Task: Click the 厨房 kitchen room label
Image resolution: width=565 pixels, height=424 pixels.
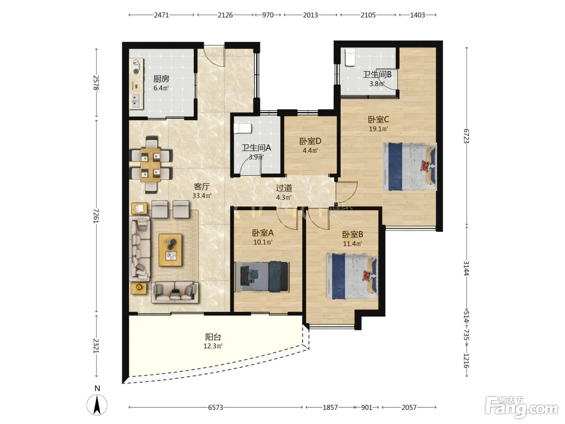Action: pyautogui.click(x=161, y=78)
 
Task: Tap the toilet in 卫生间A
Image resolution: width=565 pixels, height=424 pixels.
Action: pyautogui.click(x=243, y=128)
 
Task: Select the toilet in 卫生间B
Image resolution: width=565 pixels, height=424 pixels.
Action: pyautogui.click(x=350, y=57)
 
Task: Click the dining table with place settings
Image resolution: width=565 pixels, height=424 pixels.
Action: pyautogui.click(x=151, y=165)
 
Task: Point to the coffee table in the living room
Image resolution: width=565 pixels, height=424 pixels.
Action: pyautogui.click(x=170, y=250)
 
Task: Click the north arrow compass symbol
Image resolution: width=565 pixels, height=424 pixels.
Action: pyautogui.click(x=97, y=405)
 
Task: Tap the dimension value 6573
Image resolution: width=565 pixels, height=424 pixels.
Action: pyautogui.click(x=216, y=407)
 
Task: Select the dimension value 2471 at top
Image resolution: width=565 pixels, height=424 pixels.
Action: pyautogui.click(x=161, y=15)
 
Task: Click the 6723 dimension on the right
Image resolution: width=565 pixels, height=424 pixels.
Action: pyautogui.click(x=467, y=136)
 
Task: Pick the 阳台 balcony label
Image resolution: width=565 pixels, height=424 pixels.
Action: pyautogui.click(x=213, y=337)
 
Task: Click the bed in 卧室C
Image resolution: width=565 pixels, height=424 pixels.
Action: pyautogui.click(x=410, y=167)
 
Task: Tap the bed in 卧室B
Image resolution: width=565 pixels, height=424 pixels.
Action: pyautogui.click(x=352, y=277)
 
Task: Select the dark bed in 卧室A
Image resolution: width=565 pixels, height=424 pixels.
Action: pyautogui.click(x=262, y=277)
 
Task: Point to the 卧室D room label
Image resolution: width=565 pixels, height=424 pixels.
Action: pyautogui.click(x=310, y=141)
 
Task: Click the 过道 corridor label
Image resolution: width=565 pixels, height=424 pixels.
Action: pyautogui.click(x=284, y=188)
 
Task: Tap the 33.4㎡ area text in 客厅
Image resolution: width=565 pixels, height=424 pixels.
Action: pyautogui.click(x=202, y=196)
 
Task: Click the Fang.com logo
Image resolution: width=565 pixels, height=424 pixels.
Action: pyautogui.click(x=521, y=408)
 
